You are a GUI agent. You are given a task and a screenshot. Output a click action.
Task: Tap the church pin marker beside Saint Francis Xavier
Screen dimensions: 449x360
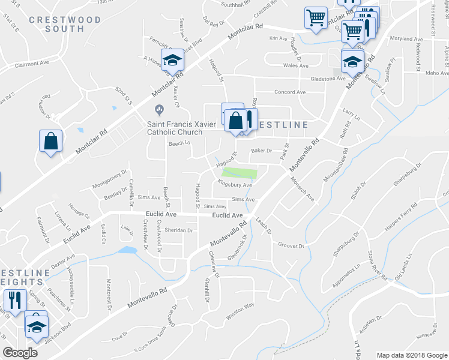click(159, 109)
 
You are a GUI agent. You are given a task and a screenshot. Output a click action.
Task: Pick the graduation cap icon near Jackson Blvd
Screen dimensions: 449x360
click(37, 326)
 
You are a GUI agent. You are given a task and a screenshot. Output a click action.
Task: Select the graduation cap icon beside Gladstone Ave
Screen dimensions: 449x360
click(352, 61)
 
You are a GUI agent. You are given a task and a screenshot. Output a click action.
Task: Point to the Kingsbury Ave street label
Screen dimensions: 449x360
click(235, 185)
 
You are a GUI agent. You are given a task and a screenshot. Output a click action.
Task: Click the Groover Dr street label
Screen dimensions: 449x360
click(292, 245)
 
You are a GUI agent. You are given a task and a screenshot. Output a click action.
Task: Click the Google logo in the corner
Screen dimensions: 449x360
click(20, 353)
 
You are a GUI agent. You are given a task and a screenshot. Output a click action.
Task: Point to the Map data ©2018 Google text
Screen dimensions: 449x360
click(411, 355)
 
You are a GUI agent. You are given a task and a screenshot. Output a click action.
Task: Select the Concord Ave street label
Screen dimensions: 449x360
click(290, 92)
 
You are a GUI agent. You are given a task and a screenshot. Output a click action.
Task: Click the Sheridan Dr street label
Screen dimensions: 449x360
click(181, 230)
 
